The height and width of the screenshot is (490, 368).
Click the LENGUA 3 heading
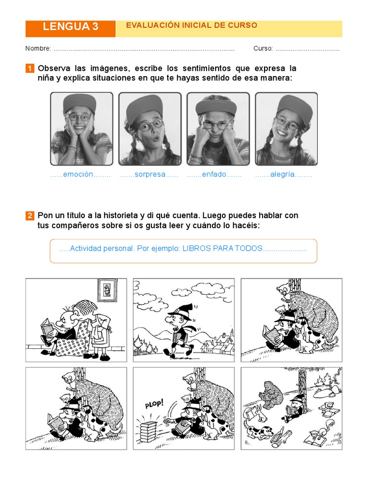[x=70, y=27]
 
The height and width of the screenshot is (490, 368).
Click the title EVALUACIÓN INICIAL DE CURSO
[x=191, y=25]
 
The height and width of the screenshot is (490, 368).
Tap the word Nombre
[x=38, y=48]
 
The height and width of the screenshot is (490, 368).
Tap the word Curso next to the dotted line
[x=263, y=48]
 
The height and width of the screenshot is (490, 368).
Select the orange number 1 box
[x=30, y=68]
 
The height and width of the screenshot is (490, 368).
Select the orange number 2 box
[x=30, y=216]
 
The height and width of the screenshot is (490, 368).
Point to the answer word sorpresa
[x=149, y=175]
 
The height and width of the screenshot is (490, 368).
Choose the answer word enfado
[x=214, y=175]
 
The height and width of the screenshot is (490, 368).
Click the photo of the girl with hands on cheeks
[x=81, y=128]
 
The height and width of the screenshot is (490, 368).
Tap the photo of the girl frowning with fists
[x=218, y=128]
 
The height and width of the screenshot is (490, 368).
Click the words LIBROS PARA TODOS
[x=222, y=248]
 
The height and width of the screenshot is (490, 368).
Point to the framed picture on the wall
[x=107, y=290]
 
